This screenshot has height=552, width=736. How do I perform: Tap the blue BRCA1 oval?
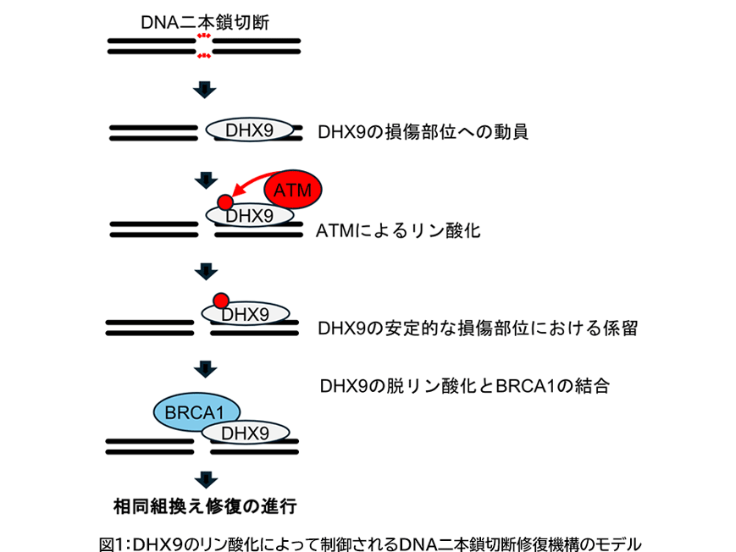click(x=196, y=412)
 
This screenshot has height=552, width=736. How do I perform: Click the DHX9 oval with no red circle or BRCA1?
click(x=252, y=130)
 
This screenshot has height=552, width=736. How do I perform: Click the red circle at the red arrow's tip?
click(x=224, y=202)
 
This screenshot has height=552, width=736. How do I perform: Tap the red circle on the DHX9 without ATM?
click(x=220, y=300)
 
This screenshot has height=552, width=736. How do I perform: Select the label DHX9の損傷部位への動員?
click(x=423, y=133)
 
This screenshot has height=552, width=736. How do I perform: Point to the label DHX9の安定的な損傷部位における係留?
click(x=477, y=328)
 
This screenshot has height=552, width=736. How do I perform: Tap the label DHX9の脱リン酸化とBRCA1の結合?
click(x=465, y=386)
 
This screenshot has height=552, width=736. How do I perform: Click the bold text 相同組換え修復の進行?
click(x=205, y=506)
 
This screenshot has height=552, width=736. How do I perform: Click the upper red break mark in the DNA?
click(x=204, y=36)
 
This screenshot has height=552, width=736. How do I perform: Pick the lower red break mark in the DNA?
click(x=204, y=56)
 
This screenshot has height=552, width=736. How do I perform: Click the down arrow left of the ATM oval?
click(x=205, y=179)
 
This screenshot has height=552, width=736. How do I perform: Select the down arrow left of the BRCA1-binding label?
click(x=205, y=369)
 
